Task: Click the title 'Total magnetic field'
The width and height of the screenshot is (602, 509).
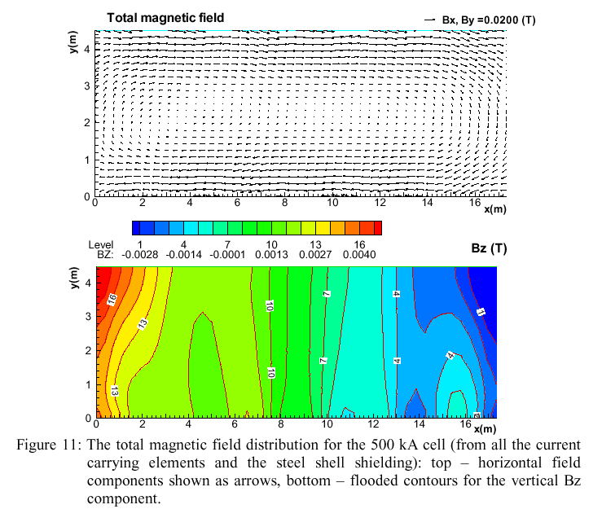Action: point(165,18)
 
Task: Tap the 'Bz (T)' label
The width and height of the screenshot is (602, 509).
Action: point(486,248)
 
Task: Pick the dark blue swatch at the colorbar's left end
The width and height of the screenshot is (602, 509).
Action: point(138,228)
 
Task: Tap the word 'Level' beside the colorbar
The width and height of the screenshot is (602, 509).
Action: point(101,244)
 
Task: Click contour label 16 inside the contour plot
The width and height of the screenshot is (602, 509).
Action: point(112,298)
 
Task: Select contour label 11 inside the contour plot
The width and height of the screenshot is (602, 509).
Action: point(480,312)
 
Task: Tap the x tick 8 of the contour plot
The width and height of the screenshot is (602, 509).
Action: point(282,423)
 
